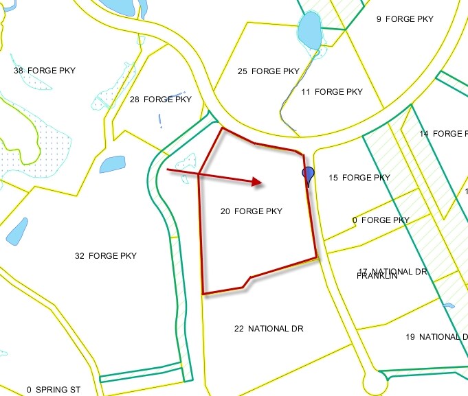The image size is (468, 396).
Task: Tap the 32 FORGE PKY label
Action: click(x=106, y=256)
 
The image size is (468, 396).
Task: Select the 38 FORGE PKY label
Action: click(x=45, y=71)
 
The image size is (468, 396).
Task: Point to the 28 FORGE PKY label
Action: click(x=161, y=100)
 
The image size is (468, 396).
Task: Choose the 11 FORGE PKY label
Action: click(x=332, y=92)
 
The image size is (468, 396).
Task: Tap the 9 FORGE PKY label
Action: click(x=405, y=19)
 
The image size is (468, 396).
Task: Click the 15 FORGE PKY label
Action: click(x=359, y=178)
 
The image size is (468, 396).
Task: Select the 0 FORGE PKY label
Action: click(x=381, y=220)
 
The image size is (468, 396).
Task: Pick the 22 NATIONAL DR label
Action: click(x=269, y=329)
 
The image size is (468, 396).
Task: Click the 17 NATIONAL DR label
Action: click(x=393, y=271)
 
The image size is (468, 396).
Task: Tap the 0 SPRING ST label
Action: click(x=54, y=390)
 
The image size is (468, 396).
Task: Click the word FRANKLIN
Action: click(x=377, y=277)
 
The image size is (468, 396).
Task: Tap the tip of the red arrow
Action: click(x=263, y=183)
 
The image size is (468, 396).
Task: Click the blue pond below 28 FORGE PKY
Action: click(x=111, y=165)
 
